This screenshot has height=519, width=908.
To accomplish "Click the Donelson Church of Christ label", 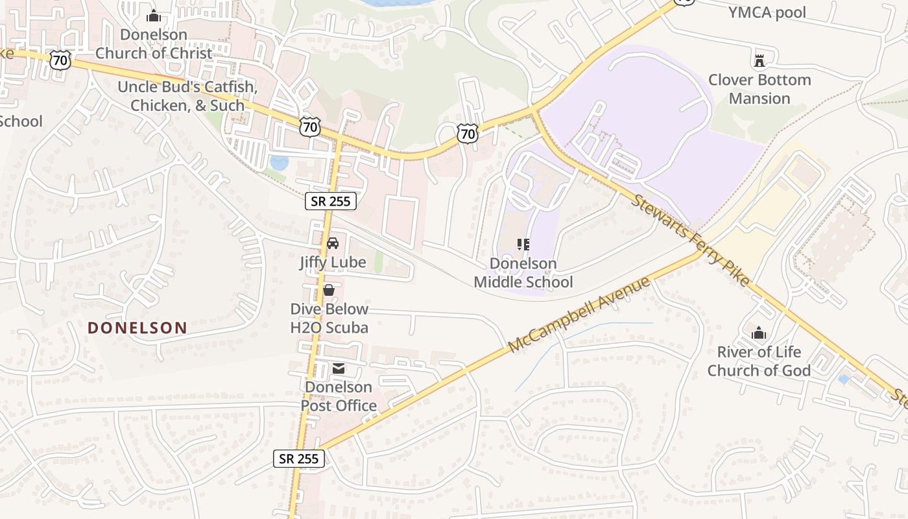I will (x=154, y=44).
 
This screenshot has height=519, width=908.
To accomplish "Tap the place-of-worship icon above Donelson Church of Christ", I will (x=154, y=16).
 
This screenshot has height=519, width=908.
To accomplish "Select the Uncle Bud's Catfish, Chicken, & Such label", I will (x=187, y=96).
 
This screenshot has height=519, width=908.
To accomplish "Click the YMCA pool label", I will (x=767, y=12).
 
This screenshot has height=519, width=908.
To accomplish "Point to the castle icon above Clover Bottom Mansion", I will (x=759, y=61).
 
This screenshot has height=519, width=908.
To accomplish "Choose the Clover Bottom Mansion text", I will (x=759, y=90).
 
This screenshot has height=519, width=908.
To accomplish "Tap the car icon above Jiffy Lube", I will (x=333, y=243).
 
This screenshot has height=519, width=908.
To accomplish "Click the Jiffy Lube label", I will (x=333, y=263).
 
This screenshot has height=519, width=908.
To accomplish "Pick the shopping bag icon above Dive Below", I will (x=329, y=290).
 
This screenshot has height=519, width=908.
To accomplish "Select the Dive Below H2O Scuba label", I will (x=329, y=319).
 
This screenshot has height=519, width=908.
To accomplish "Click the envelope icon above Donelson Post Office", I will (x=339, y=368).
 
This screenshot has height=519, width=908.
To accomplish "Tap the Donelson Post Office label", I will (x=339, y=396).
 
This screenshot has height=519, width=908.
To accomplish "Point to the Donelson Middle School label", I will (x=523, y=272).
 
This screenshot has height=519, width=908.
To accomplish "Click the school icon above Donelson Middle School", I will (x=523, y=245).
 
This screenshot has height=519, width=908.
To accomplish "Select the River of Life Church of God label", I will (x=759, y=361).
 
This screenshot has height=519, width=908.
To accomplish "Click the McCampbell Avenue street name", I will (x=579, y=315).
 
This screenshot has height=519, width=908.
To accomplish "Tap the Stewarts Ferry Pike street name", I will (x=691, y=239).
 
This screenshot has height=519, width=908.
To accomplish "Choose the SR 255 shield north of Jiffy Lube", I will (x=331, y=201).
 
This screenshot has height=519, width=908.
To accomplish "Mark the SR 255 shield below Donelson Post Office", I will (x=299, y=459).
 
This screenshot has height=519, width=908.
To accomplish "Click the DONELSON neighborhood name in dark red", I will (x=137, y=328).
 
